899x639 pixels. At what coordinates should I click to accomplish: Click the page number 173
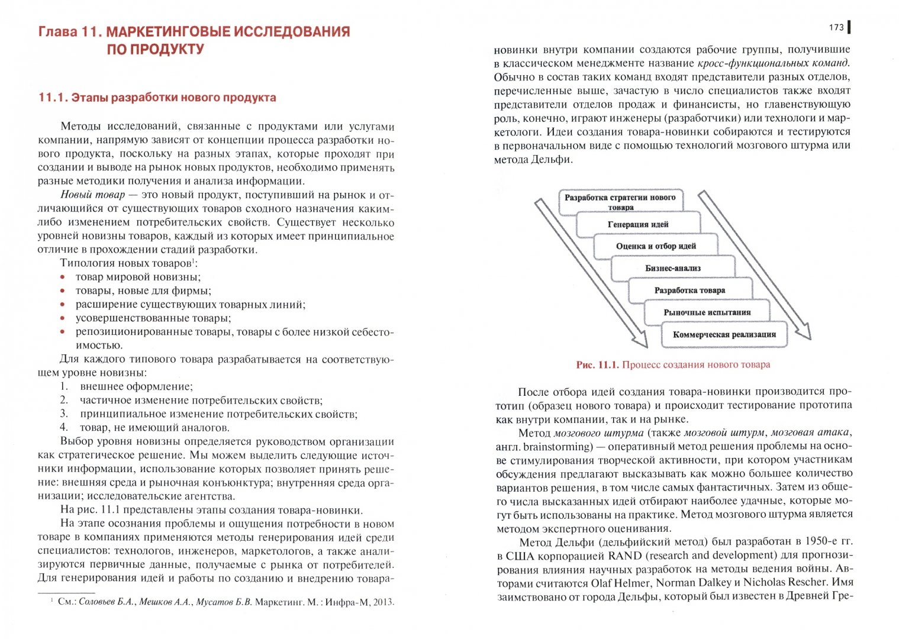[x=836, y=27]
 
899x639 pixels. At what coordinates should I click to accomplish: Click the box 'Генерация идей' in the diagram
[x=637, y=224]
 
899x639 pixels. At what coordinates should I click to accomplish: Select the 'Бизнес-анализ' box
[x=672, y=268]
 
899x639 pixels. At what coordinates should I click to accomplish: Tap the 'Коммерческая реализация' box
[x=724, y=334]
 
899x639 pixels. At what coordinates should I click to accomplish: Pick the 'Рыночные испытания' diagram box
[x=707, y=312]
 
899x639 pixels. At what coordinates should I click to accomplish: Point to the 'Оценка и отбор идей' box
[x=655, y=246]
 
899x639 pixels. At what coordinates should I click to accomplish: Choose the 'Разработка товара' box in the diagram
[x=689, y=290]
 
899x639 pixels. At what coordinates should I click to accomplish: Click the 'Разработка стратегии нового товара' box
[x=620, y=202]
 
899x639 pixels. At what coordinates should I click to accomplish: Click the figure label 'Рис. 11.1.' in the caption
[x=597, y=365]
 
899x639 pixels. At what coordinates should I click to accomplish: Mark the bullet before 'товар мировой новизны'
[x=62, y=277]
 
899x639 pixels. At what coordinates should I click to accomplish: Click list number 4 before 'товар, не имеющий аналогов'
[x=64, y=428]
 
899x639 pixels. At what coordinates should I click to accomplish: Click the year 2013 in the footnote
[x=383, y=602]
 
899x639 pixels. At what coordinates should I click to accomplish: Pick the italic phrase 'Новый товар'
[x=92, y=195]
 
